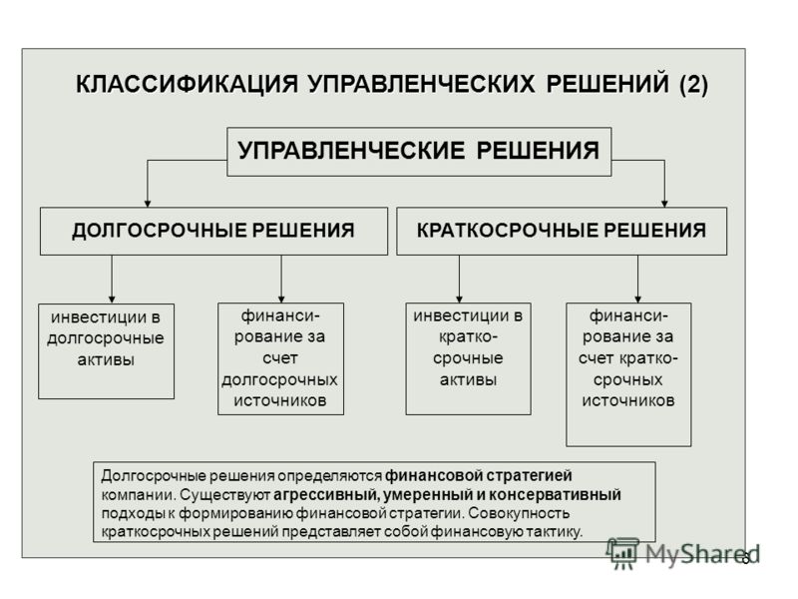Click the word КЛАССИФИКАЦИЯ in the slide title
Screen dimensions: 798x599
tap(187, 84)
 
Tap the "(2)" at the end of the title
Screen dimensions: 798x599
tap(693, 84)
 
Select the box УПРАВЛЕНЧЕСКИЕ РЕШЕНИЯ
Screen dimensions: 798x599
tap(419, 152)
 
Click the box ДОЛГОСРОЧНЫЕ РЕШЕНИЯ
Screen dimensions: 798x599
tap(213, 231)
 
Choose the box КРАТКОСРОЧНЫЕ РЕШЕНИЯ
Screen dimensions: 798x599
tap(562, 231)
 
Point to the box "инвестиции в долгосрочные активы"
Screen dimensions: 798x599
tap(107, 351)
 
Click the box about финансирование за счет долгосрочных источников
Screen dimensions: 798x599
tap(281, 359)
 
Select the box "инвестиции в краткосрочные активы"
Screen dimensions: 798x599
tap(468, 359)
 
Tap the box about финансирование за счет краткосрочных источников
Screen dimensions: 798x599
tap(629, 375)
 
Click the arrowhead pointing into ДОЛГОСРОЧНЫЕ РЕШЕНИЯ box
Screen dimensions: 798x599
tap(148, 204)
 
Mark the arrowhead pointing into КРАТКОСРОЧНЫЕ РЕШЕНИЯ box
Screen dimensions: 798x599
tap(664, 204)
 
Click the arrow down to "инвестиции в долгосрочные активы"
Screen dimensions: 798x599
tap(112, 280)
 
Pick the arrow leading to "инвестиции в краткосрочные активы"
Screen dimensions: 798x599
tap(459, 280)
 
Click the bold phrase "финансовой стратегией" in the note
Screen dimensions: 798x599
tap(479, 476)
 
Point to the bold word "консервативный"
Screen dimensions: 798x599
tap(556, 494)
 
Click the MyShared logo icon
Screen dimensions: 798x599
tap(621, 554)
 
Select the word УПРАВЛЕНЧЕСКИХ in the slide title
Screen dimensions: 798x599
tap(421, 84)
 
